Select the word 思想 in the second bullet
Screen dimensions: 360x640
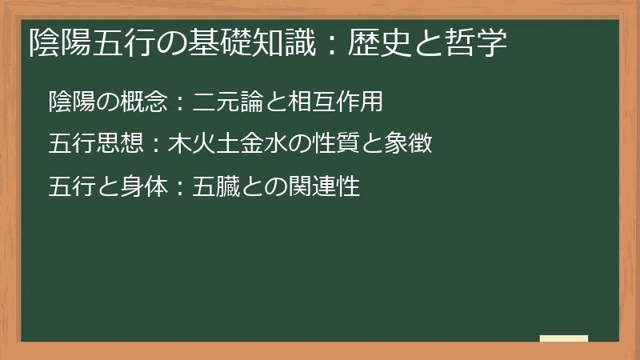click(x=121, y=144)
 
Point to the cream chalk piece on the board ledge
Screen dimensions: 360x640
click(x=564, y=338)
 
